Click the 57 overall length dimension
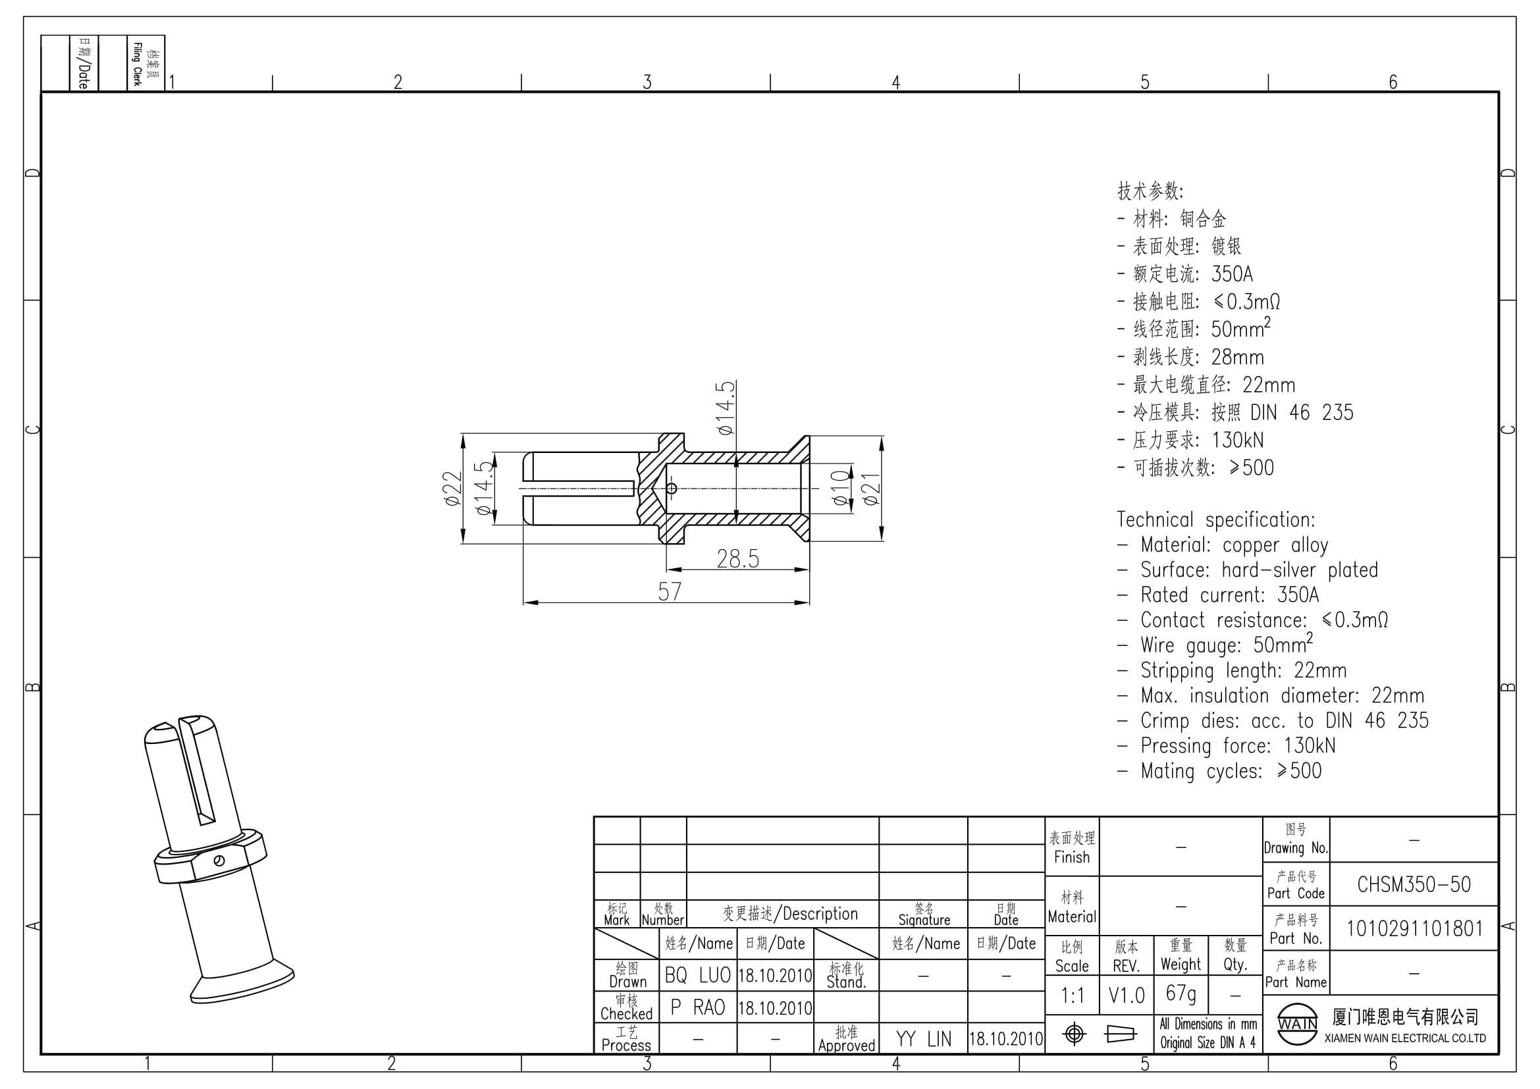click(x=670, y=591)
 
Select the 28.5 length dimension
click(x=738, y=558)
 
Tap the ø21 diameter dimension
click(x=870, y=489)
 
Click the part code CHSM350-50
click(x=1414, y=884)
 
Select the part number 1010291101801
click(x=1414, y=929)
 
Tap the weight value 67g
click(x=1181, y=994)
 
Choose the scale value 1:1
click(x=1072, y=996)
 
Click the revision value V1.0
click(x=1126, y=996)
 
